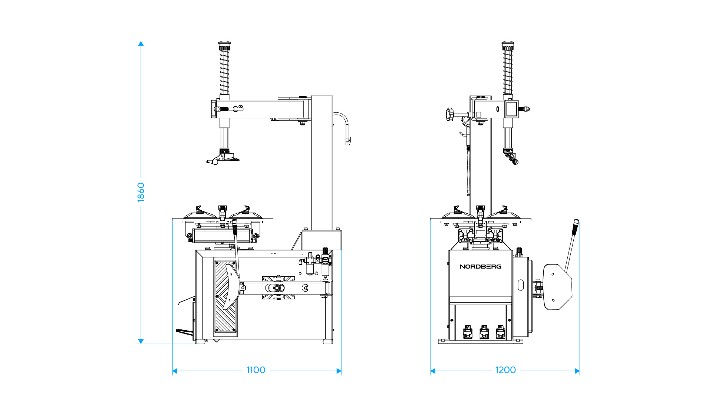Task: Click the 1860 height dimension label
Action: (x=141, y=192)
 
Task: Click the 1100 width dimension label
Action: (x=256, y=370)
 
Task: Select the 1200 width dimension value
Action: (x=505, y=370)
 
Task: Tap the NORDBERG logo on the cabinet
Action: (x=481, y=266)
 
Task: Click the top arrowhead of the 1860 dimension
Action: (x=141, y=44)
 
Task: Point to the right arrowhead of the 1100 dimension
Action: (x=339, y=371)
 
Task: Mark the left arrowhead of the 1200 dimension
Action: (x=433, y=371)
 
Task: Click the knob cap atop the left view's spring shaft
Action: (x=224, y=46)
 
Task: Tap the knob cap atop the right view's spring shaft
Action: (x=508, y=46)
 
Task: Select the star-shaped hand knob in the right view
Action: (x=450, y=114)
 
